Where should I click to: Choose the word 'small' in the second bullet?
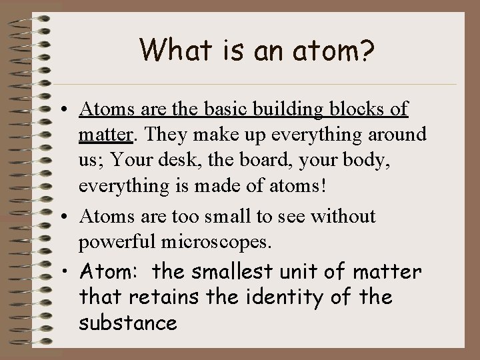(218, 216)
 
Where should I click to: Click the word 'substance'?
(127, 323)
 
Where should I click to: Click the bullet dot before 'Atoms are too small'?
(69, 217)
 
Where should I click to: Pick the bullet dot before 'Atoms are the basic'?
(69, 109)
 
